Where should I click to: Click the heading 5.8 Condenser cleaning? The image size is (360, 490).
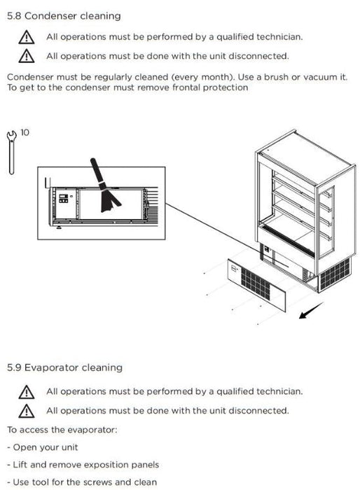pyautogui.click(x=64, y=16)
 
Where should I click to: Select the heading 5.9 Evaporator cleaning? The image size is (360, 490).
pyautogui.click(x=64, y=367)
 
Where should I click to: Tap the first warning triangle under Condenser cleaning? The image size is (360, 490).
pyautogui.click(x=27, y=37)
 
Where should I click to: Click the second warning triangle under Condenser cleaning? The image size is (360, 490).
pyautogui.click(x=27, y=56)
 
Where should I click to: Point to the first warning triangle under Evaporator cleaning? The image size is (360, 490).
pyautogui.click(x=27, y=392)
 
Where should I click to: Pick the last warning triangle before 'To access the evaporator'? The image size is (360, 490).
pyautogui.click(x=27, y=411)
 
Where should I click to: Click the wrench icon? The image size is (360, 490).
pyautogui.click(x=12, y=152)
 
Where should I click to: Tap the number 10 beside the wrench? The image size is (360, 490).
pyautogui.click(x=25, y=133)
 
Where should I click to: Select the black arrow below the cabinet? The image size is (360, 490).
pyautogui.click(x=311, y=310)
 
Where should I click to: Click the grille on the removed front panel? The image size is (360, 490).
pyautogui.click(x=256, y=283)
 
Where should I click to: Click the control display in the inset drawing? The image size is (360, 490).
pyautogui.click(x=64, y=198)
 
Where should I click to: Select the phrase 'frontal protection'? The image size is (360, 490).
pyautogui.click(x=210, y=87)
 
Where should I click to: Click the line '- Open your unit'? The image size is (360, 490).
pyautogui.click(x=43, y=447)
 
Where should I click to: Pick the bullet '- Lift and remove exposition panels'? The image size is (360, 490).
pyautogui.click(x=83, y=465)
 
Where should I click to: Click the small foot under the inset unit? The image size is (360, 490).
pyautogui.click(x=59, y=227)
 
